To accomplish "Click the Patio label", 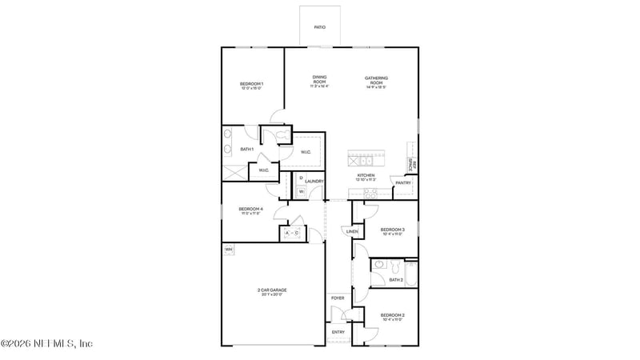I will pyautogui.click(x=319, y=27).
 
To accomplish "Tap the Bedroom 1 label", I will pyautogui.click(x=251, y=84).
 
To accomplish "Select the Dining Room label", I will pyautogui.click(x=319, y=79).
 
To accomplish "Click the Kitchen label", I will pyautogui.click(x=366, y=175).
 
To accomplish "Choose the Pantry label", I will pyautogui.click(x=403, y=182).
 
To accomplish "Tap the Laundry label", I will pyautogui.click(x=314, y=182).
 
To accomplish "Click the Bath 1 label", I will pyautogui.click(x=247, y=150).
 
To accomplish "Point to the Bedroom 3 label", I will pyautogui.click(x=392, y=230).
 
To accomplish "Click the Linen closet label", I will pyautogui.click(x=352, y=232).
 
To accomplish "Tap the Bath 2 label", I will pyautogui.click(x=395, y=280).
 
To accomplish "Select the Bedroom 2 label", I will pyautogui.click(x=392, y=315).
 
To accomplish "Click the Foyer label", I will pyautogui.click(x=338, y=298).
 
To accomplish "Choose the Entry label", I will pyautogui.click(x=338, y=332).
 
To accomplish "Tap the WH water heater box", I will pyautogui.click(x=228, y=250).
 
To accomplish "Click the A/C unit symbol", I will pyautogui.click(x=292, y=233).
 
